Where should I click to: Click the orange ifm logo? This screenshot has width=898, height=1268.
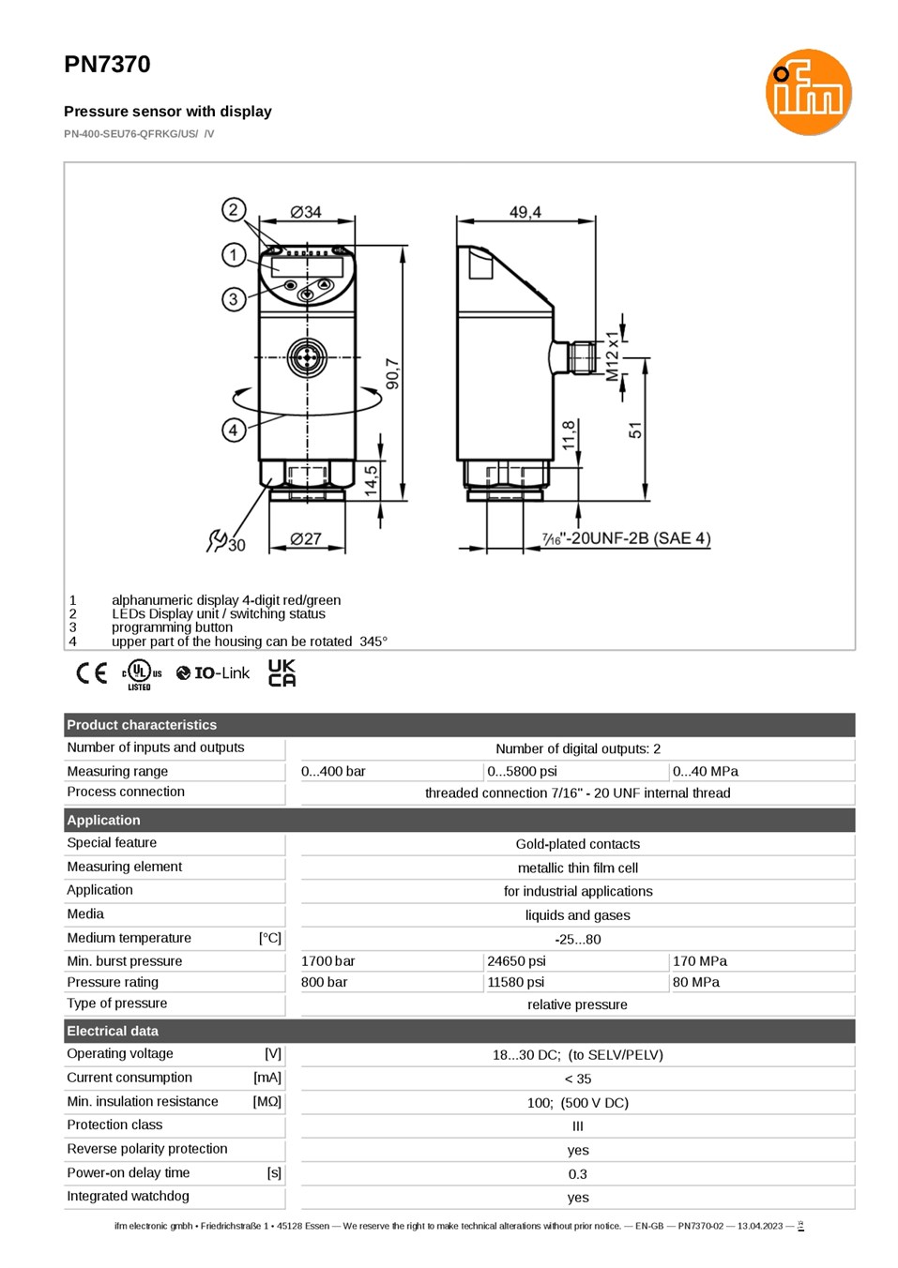coord(808,92)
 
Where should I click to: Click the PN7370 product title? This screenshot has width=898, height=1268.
coord(107,65)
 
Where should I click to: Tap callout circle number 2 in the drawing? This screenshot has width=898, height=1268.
coord(234,210)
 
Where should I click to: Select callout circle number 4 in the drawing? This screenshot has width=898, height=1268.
coord(234,430)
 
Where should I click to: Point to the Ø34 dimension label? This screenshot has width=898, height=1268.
coord(306,212)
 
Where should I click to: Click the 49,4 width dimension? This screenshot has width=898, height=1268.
coord(525,212)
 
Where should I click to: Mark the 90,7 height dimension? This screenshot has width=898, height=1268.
coord(392,373)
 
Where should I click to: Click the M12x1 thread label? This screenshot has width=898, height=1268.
coord(612,356)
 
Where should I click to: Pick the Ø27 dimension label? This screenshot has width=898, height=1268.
coord(306,538)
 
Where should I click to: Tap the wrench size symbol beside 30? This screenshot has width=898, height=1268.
coord(217,540)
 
